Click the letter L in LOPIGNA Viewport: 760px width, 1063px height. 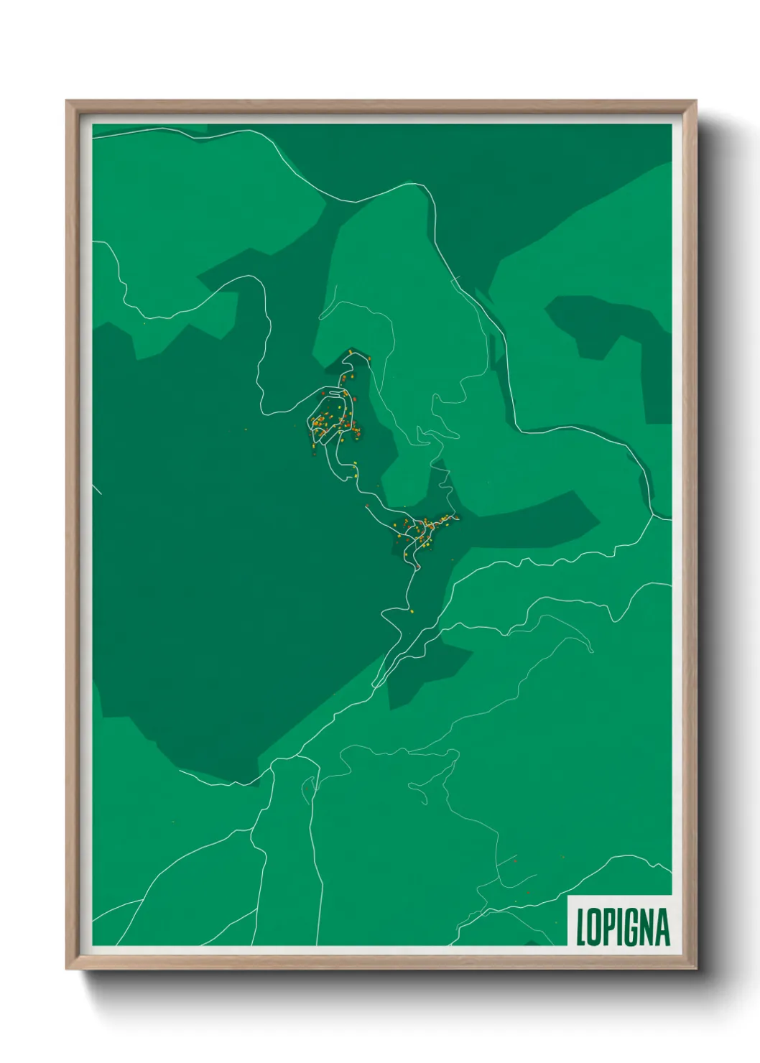click(582, 927)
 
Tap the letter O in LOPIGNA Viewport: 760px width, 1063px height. click(596, 927)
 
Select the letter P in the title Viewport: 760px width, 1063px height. click(611, 927)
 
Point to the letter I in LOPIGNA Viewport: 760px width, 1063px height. click(623, 927)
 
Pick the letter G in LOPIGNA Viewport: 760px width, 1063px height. click(634, 927)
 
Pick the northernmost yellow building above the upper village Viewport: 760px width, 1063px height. click(350, 351)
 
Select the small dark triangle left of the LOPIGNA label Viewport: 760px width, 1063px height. click(532, 942)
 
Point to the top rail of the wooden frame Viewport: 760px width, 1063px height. click(381, 106)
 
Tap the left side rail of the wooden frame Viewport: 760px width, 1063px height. click(73, 535)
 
